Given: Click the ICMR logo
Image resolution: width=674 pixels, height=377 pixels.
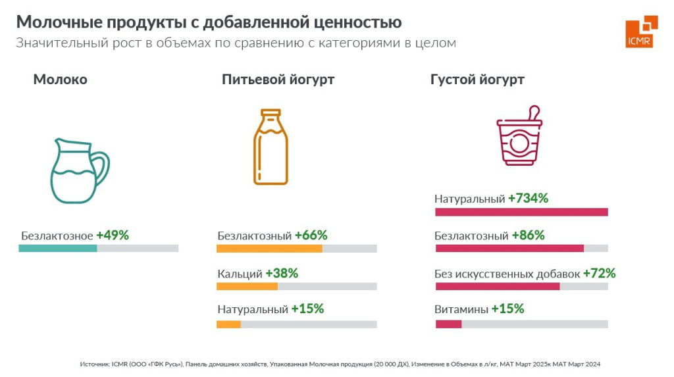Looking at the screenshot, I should point(641,32).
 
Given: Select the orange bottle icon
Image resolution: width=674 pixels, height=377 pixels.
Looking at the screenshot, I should point(271,147).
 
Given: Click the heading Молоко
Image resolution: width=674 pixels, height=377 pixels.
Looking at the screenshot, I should point(60,80).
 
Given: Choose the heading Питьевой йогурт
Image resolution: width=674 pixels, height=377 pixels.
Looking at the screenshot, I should point(278,80).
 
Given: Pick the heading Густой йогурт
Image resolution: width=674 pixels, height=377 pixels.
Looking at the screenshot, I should point(477,80).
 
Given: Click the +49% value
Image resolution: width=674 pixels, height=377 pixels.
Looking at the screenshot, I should point(113,235).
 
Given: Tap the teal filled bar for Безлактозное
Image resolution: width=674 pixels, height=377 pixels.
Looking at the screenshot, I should point(58,248).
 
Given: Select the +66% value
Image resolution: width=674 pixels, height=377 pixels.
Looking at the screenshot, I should point(311,235).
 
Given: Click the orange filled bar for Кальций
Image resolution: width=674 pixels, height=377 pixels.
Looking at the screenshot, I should point(247,286).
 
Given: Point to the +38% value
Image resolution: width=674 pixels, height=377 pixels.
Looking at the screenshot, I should point(282,273).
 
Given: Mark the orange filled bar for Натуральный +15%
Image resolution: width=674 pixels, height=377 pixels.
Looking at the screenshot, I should point(228,324).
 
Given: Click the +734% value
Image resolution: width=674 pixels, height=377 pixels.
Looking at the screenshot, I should point(528,198).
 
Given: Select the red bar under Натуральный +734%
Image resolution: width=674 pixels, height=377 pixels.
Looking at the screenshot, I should point(521,212).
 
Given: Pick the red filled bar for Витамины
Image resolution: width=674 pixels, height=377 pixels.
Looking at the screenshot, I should point(448,324).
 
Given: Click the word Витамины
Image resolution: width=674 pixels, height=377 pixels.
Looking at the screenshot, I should point(461,309).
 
